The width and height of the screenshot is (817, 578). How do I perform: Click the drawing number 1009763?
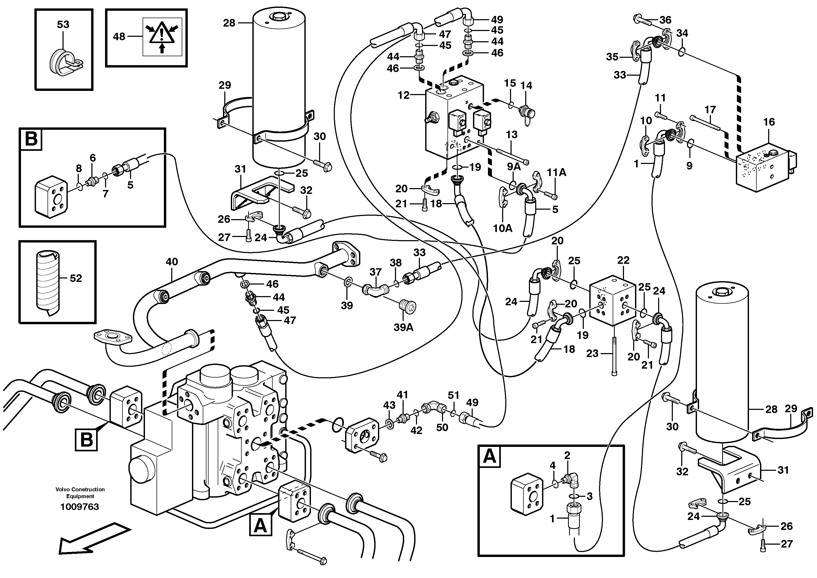pos(80,507)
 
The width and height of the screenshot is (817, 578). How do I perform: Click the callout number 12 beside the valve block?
pos(404,95)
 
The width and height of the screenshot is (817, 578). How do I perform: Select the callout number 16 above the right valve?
pos(769,122)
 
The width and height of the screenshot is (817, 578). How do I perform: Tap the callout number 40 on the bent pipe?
pos(171,262)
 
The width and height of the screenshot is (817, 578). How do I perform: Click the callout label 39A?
pos(403,327)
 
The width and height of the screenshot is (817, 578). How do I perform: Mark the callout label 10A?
pos(502,228)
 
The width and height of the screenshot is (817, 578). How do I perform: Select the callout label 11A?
pos(556,173)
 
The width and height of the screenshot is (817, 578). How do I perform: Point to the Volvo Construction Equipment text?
pos(80,493)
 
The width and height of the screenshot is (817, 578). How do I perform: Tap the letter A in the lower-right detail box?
pos(490,456)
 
